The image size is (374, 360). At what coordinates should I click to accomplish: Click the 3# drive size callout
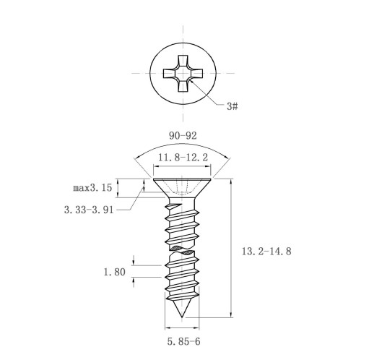pos(232,106)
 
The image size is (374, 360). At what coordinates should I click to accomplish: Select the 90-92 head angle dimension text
pos(183,136)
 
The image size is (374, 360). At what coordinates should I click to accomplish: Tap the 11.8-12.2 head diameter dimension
pos(183,158)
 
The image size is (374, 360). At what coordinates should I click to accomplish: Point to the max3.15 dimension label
pos(92,187)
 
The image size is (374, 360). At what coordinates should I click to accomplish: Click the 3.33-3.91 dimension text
pos(89,210)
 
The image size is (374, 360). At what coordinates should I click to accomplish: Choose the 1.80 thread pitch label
pos(115,272)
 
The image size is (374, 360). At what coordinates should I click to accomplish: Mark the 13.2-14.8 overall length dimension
pos(266,252)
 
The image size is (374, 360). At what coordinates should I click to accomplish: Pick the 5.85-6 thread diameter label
pos(183,341)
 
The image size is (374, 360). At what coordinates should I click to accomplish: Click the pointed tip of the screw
pos(182,317)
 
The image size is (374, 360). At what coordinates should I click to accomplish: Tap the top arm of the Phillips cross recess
pos(183,61)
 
